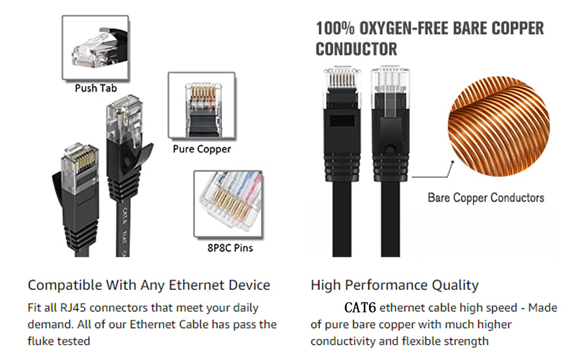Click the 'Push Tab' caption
(96, 88)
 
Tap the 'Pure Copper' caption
(202, 149)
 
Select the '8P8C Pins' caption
(230, 248)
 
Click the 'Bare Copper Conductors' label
(486, 198)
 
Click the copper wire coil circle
(499, 126)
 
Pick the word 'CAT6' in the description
(360, 308)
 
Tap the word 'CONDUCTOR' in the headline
(356, 49)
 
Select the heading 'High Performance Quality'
(395, 285)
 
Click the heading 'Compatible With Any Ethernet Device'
(149, 285)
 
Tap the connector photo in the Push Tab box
(95, 47)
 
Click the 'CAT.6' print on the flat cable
(125, 215)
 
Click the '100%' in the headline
(335, 29)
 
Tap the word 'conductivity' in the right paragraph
(343, 341)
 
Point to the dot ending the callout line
(453, 162)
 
